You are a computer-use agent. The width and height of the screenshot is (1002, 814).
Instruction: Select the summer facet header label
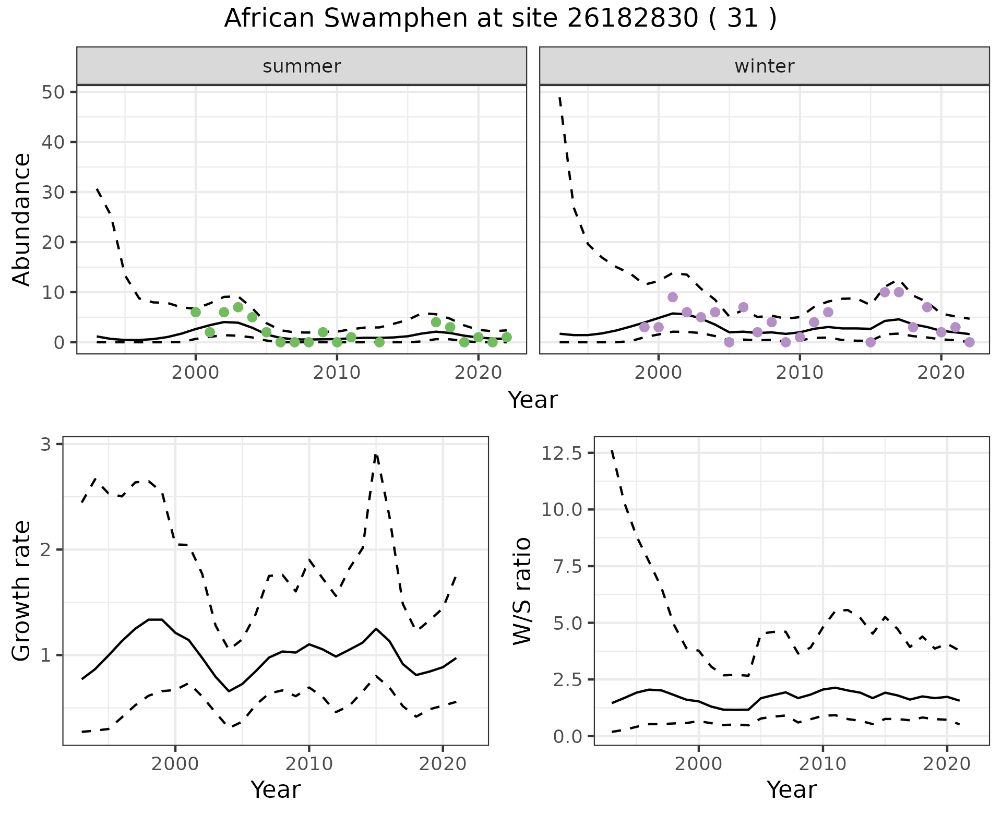tap(302, 66)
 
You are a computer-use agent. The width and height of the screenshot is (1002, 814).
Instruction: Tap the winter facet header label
tap(765, 66)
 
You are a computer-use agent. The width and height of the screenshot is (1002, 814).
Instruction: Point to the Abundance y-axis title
tap(21, 219)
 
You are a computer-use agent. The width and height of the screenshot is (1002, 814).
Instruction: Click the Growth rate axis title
tap(21, 591)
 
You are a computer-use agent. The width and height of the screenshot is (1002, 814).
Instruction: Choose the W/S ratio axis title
tap(522, 591)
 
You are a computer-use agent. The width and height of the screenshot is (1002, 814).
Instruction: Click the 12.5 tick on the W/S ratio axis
tap(561, 453)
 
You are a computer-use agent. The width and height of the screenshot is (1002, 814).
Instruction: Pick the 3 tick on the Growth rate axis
tap(46, 445)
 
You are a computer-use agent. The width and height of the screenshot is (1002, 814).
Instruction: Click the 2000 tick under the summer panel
tap(196, 373)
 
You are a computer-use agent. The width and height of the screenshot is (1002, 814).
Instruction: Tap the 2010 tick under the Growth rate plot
tap(309, 764)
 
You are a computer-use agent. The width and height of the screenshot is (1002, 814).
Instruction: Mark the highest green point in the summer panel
tap(238, 307)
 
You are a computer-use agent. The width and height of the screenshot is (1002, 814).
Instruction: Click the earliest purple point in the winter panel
tap(645, 327)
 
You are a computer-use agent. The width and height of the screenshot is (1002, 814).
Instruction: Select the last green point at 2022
tap(506, 337)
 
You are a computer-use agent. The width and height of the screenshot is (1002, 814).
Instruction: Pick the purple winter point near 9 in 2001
tap(673, 297)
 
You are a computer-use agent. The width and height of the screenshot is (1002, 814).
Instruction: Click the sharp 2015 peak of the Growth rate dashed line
tap(376, 455)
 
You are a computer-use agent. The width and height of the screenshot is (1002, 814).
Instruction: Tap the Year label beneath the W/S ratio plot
tap(791, 789)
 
